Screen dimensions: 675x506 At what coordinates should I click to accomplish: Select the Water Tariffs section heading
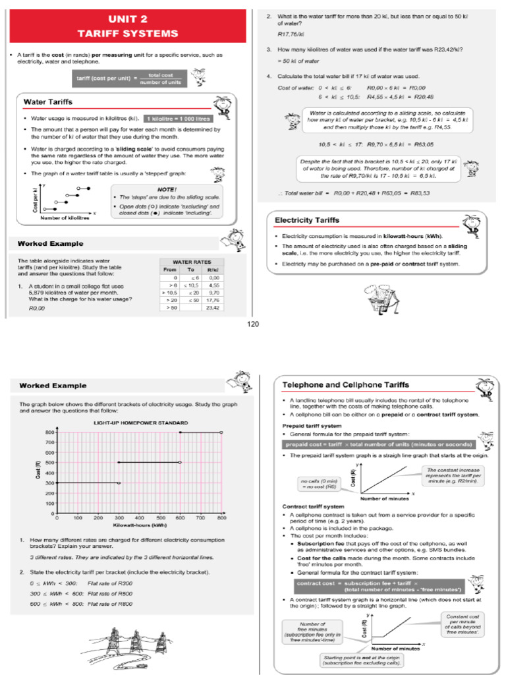click(48, 102)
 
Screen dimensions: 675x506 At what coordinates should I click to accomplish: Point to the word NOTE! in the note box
click(165, 188)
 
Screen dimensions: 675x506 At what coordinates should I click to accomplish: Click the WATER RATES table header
click(191, 262)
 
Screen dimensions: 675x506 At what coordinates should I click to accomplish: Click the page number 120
click(253, 324)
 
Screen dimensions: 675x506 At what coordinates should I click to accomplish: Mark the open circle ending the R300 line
click(119, 483)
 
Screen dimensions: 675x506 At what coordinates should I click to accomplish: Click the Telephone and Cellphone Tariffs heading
click(345, 384)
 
